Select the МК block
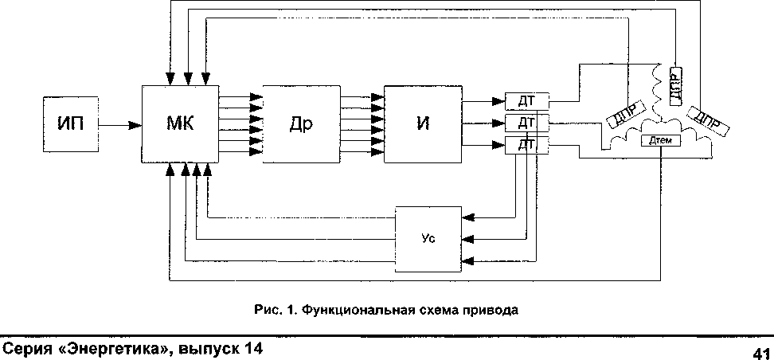(180, 123)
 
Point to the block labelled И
(423, 123)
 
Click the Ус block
(428, 237)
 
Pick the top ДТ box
(526, 101)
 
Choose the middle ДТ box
(526, 123)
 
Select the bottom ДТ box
(526, 144)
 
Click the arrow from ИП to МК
(119, 124)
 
